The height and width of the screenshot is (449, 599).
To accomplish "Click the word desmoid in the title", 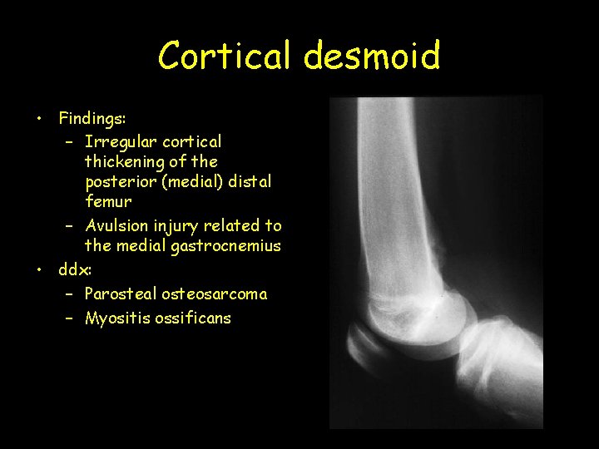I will [x=371, y=57].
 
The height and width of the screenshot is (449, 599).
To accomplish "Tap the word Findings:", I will [x=92, y=119].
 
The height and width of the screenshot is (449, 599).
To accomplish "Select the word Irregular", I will [x=120, y=142].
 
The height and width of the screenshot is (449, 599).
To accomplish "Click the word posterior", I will [x=120, y=182].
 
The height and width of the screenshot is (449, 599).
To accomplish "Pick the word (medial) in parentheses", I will [x=192, y=182].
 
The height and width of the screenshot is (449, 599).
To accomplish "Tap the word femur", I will [x=108, y=201].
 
